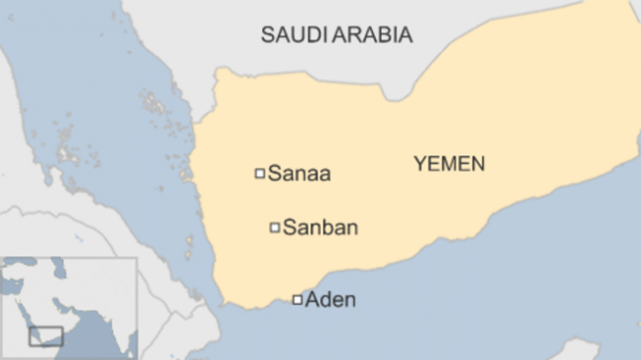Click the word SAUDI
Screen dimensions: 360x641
286,36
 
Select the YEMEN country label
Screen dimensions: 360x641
449,164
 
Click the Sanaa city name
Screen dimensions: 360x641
299,174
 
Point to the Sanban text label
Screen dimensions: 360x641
320,228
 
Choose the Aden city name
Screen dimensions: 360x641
330,300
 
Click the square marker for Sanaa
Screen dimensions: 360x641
260,173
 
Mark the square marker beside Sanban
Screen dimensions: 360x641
275,227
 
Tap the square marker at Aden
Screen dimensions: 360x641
297,300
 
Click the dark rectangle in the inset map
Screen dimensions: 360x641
46,336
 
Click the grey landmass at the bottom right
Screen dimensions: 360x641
584,349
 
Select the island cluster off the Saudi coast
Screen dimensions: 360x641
153,104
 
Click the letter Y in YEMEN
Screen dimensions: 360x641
418,164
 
